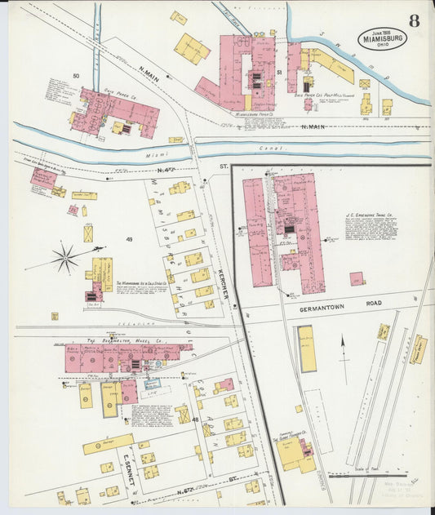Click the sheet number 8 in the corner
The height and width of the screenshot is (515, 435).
415,21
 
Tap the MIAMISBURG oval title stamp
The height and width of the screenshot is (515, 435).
380,38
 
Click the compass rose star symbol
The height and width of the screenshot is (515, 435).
64,259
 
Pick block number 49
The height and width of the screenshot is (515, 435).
128,239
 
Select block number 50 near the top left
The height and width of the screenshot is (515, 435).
75,76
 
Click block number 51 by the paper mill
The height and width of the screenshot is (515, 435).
279,73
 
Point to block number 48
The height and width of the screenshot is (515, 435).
195,419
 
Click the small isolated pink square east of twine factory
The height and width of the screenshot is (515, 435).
357,278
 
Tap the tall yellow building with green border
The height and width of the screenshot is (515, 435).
306,349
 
